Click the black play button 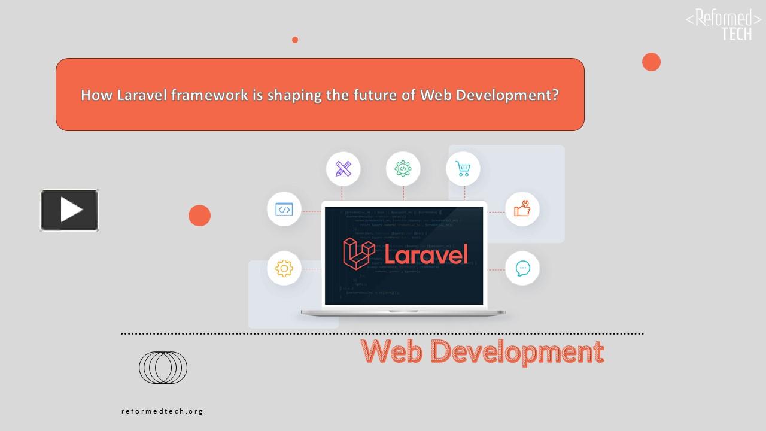[69, 210]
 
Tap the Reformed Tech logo [723, 24]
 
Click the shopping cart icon [463, 169]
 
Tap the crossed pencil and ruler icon [343, 169]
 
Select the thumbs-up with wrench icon [522, 209]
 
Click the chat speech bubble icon [522, 268]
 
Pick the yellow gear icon [284, 268]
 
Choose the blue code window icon [284, 209]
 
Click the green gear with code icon [403, 169]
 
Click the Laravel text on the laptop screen [425, 254]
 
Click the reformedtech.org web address [162, 411]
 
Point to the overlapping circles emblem [163, 368]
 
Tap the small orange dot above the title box [295, 40]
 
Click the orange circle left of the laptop [199, 215]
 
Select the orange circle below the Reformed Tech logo [651, 62]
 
